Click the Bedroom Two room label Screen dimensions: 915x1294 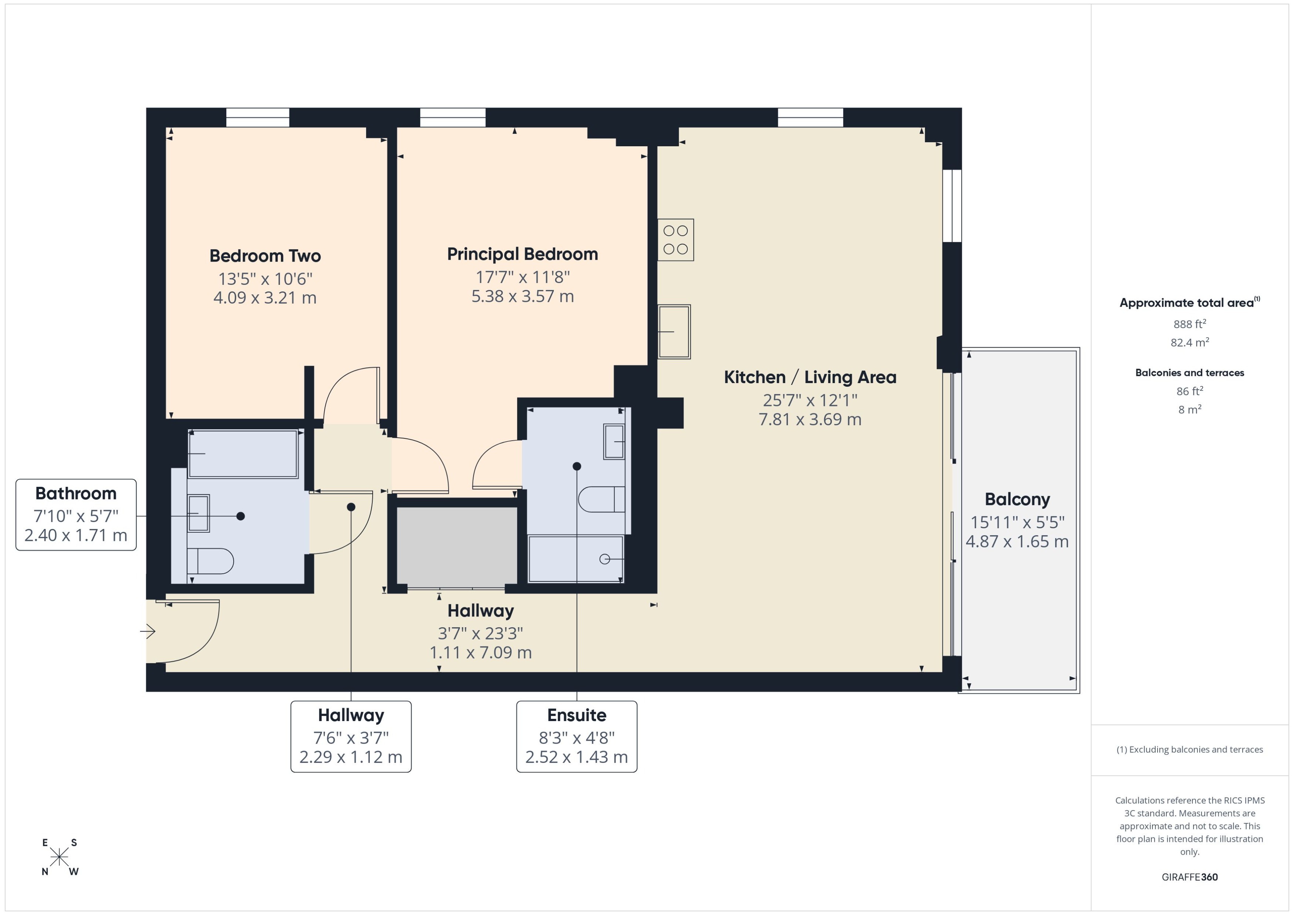(265, 256)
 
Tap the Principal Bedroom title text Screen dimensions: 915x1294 (522, 254)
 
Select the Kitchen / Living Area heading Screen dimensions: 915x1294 (810, 377)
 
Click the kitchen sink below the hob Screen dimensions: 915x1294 (674, 332)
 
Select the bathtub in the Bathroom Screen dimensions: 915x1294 (243, 454)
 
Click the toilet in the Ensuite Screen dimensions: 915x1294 (601, 499)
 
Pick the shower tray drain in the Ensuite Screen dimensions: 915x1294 (604, 559)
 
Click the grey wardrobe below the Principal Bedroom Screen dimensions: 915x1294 (457, 545)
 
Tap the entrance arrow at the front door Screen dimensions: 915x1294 (148, 632)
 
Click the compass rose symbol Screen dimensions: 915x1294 (59, 857)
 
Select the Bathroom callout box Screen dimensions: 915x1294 (76, 515)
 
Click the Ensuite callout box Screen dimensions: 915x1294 (576, 736)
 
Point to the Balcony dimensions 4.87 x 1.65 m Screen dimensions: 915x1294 (1017, 542)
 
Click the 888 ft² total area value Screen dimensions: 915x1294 (1189, 324)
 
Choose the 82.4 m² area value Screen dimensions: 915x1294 (1189, 342)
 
